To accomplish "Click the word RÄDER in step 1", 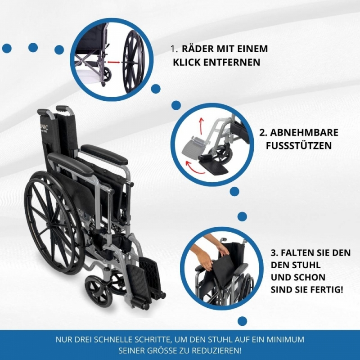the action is pyautogui.click(x=198, y=49).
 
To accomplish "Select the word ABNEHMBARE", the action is pyautogui.click(x=304, y=133).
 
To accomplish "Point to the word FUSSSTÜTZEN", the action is pyautogui.click(x=299, y=146).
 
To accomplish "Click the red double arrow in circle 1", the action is pyautogui.click(x=114, y=62).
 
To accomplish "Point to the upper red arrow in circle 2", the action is pyautogui.click(x=201, y=126).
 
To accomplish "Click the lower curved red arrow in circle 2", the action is pyautogui.click(x=194, y=167).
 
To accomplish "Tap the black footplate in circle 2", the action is pyautogui.click(x=213, y=167).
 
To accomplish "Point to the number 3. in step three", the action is pyautogui.click(x=274, y=253).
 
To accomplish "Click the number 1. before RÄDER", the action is pyautogui.click(x=174, y=49).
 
